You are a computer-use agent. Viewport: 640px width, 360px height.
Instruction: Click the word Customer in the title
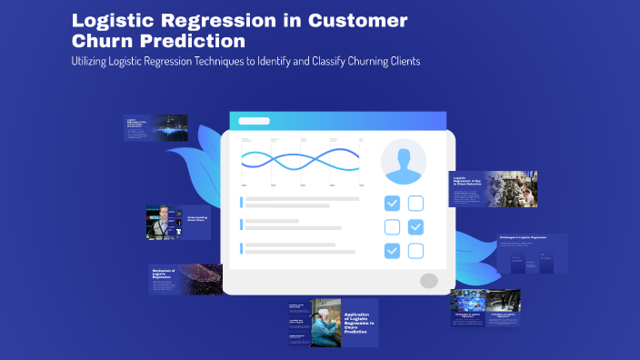click(357, 20)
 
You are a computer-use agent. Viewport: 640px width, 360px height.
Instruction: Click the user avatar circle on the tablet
click(404, 162)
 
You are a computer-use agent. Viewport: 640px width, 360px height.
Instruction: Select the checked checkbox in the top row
click(392, 203)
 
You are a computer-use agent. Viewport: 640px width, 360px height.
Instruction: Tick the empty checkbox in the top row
click(415, 203)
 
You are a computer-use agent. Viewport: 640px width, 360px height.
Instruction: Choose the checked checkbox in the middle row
click(415, 226)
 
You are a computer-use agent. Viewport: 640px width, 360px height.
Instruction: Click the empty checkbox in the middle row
click(392, 226)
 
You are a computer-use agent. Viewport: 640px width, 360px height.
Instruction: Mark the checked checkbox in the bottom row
click(392, 250)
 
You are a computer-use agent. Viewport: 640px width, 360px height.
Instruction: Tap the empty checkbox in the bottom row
click(415, 250)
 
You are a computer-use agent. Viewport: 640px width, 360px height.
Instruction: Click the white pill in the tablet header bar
click(254, 121)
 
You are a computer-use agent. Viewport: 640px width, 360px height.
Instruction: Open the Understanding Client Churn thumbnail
click(178, 222)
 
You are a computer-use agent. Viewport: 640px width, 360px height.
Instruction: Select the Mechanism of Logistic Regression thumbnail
click(185, 280)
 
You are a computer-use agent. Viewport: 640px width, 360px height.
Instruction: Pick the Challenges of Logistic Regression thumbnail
click(531, 254)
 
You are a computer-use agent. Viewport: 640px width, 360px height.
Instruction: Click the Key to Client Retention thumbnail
click(492, 188)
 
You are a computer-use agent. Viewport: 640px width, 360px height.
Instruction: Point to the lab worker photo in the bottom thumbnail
click(325, 323)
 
